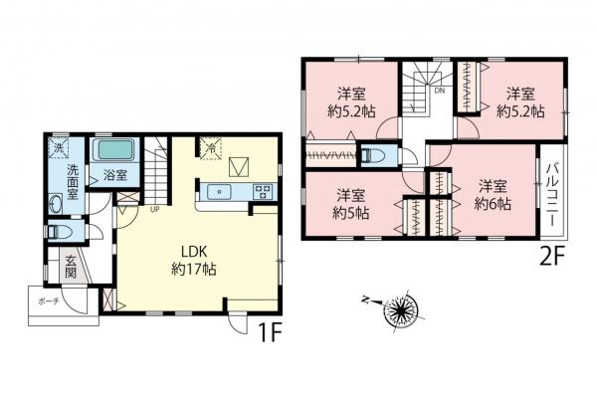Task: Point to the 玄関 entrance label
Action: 71,265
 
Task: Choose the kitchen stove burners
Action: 263,191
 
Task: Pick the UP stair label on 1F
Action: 154,210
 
